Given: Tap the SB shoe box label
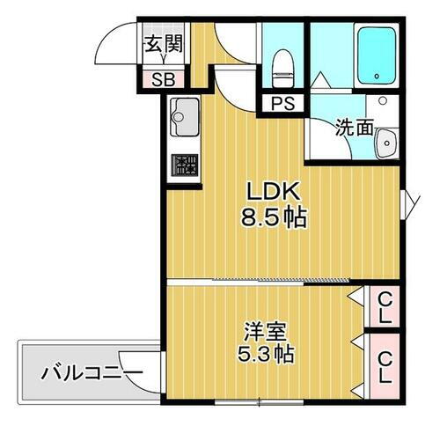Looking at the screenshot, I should pyautogui.click(x=164, y=79).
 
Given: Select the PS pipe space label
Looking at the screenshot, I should pyautogui.click(x=281, y=103).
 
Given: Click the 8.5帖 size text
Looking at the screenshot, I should pyautogui.click(x=274, y=217).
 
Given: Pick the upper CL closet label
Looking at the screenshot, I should pyautogui.click(x=385, y=307).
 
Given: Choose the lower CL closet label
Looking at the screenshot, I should pyautogui.click(x=385, y=366).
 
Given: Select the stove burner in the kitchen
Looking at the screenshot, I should pyautogui.click(x=185, y=165).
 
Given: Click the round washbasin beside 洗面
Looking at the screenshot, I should pyautogui.click(x=385, y=145).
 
